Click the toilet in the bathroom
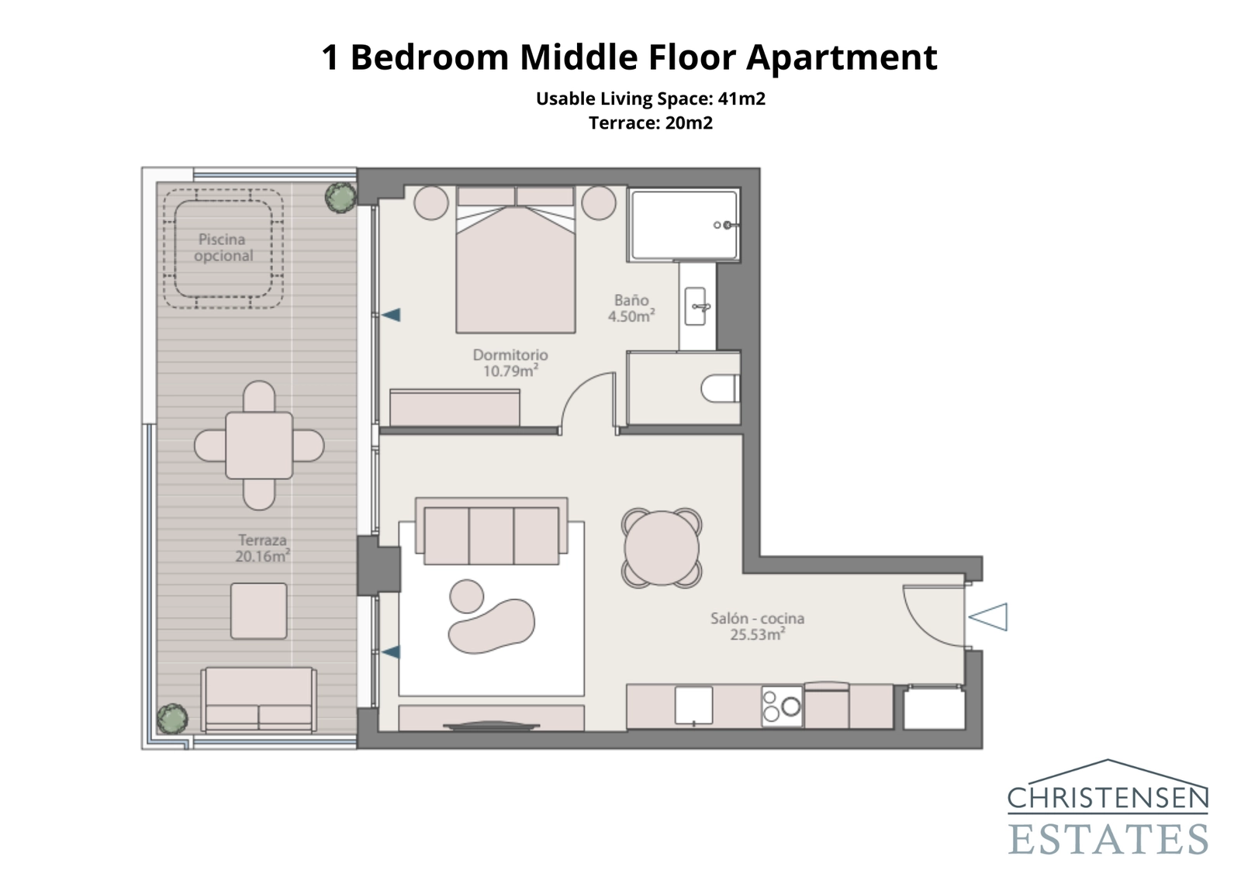720,388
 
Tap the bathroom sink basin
696,306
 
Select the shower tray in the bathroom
683,225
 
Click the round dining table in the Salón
662,548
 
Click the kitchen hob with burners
781,706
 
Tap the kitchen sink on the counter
693,705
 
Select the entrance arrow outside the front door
988,617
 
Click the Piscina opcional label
223,247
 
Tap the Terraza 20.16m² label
262,547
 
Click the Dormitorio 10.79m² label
510,362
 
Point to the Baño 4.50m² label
631,308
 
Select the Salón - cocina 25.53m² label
757,626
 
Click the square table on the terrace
259,445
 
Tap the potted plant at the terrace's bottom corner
171,719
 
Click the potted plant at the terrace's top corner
340,197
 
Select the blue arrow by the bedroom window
390,315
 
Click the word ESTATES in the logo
1108,839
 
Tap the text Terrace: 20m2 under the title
650,123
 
